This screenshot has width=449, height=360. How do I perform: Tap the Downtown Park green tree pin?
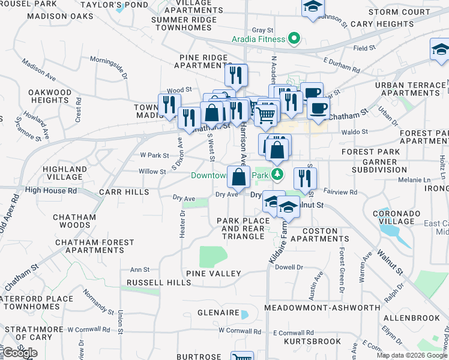[x=277, y=175]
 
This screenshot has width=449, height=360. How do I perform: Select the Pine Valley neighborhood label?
[x=214, y=274]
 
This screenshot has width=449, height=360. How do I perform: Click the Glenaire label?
[x=218, y=313]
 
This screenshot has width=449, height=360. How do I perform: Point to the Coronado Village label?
[x=394, y=217]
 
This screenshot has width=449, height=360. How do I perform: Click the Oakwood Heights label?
[x=50, y=97]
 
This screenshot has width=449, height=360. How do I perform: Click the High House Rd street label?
[x=51, y=191]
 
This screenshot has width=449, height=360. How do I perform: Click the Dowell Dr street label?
[x=289, y=268]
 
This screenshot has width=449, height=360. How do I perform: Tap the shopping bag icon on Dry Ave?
[x=239, y=177]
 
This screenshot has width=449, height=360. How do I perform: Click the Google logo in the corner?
[x=20, y=353]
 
